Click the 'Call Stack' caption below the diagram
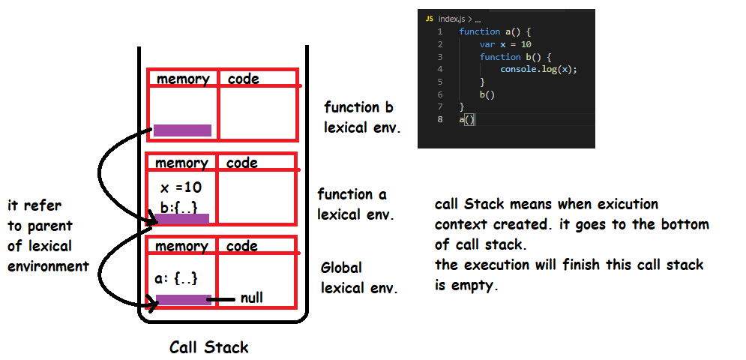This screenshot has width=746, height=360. pyautogui.click(x=208, y=347)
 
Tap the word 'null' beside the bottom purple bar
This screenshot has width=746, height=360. pyautogui.click(x=251, y=298)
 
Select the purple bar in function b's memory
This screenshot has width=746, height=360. pyautogui.click(x=182, y=130)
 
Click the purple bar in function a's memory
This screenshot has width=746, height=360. pyautogui.click(x=181, y=219)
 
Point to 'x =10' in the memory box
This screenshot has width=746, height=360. pyautogui.click(x=181, y=187)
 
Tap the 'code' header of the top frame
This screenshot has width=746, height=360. pyautogui.click(x=243, y=79)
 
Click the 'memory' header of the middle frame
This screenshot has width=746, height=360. pyautogui.click(x=181, y=163)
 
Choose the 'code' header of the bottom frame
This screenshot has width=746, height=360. pyautogui.click(x=243, y=246)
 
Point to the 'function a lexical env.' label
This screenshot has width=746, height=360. pyautogui.click(x=355, y=204)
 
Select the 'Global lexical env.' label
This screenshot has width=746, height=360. pyautogui.click(x=359, y=277)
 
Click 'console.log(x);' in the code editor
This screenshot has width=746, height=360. pyautogui.click(x=538, y=69)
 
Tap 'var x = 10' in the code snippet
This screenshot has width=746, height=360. pyautogui.click(x=505, y=44)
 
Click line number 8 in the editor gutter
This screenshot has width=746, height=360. pyautogui.click(x=439, y=119)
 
